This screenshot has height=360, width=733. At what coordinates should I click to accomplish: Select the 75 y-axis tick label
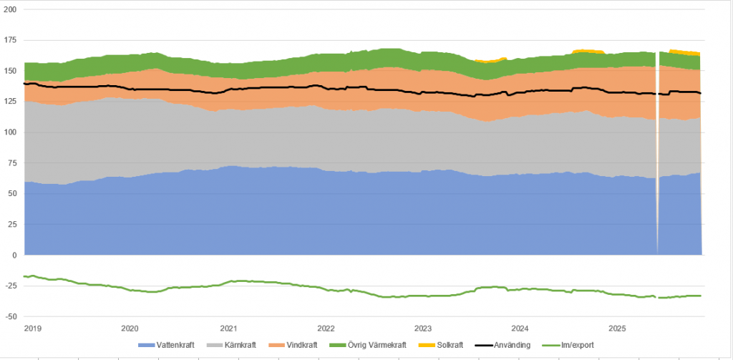point(11,163)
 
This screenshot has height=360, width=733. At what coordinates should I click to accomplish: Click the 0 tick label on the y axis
point(13,255)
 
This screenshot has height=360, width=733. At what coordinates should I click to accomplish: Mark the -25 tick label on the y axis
point(10,286)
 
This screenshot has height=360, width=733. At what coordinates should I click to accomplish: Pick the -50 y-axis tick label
point(10,316)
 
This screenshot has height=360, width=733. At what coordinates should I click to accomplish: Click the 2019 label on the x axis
point(31,329)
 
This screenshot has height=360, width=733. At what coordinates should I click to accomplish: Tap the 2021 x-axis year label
point(228,329)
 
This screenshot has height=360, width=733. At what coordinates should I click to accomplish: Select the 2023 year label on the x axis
point(423,329)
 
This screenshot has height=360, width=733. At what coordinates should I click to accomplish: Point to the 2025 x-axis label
point(618,329)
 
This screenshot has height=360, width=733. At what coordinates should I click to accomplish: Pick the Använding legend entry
point(506,345)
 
